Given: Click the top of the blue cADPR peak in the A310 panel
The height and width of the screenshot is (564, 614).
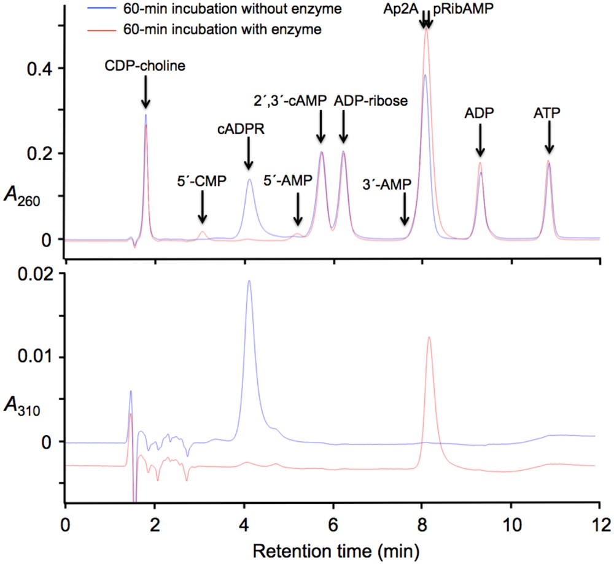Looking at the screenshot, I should point(249,281).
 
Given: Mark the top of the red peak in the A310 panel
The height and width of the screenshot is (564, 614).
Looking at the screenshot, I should point(429,337).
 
